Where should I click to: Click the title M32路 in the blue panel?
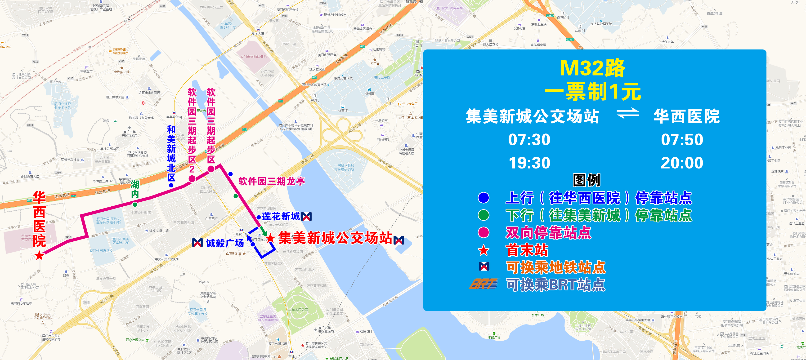(592, 68)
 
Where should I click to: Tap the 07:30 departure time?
(529, 139)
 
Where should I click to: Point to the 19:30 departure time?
(529, 163)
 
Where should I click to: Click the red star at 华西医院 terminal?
(39, 256)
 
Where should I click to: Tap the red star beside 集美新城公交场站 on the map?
(270, 239)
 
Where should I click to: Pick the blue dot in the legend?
(484, 198)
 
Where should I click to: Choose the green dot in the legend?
(484, 215)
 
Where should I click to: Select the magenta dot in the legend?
(484, 232)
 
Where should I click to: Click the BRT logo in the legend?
(484, 284)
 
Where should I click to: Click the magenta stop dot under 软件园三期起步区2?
(192, 179)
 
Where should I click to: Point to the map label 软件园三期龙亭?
(271, 181)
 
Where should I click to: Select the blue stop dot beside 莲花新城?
(259, 217)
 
